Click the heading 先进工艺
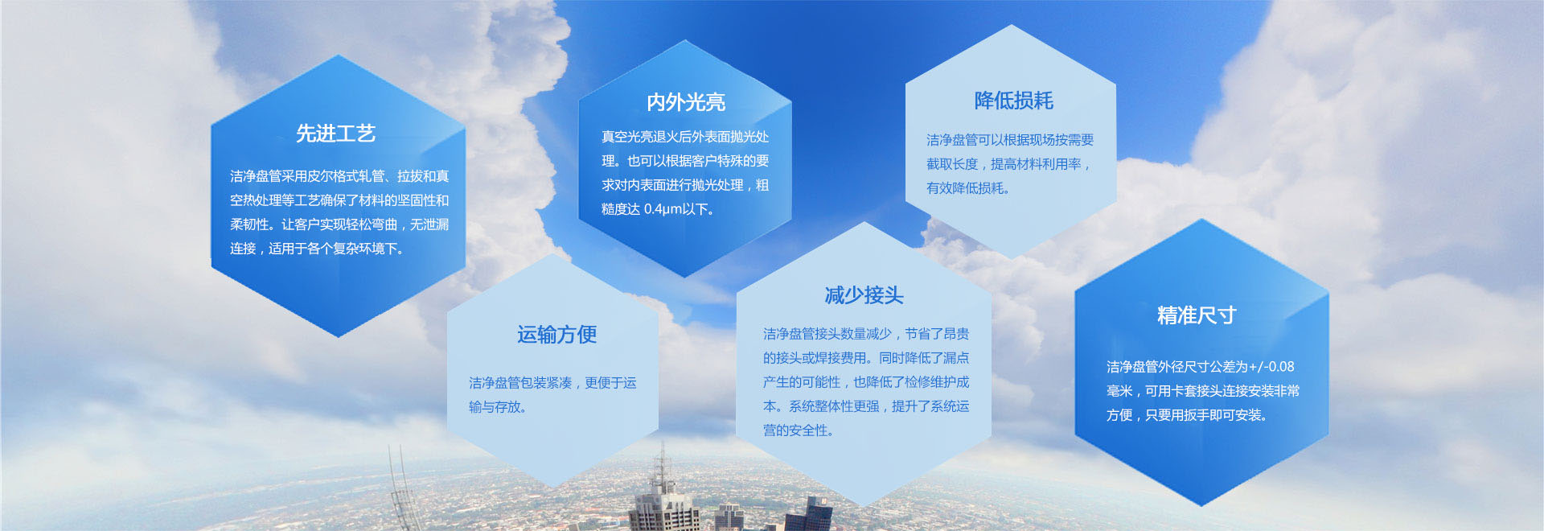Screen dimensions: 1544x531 coord(336,134)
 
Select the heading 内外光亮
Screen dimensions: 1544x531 coord(686,102)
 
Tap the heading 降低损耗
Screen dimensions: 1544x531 coord(1013,101)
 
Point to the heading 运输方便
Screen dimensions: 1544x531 coord(556,335)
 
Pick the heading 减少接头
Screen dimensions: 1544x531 coord(864,295)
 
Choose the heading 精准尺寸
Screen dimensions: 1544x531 coord(1197,315)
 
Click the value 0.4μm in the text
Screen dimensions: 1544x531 coord(663,209)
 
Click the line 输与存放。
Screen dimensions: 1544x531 coord(498,407)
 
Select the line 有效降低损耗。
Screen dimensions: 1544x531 coord(968,188)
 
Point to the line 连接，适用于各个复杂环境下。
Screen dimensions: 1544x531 coord(317,249)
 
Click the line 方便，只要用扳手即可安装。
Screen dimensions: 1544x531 coord(1187,415)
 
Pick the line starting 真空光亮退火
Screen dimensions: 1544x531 coord(685,137)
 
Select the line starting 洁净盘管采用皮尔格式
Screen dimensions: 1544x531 coord(339,176)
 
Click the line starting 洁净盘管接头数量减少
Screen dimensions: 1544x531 coord(866,334)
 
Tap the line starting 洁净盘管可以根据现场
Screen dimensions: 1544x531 coord(1010,140)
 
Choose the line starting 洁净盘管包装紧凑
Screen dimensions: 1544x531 coord(552,383)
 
